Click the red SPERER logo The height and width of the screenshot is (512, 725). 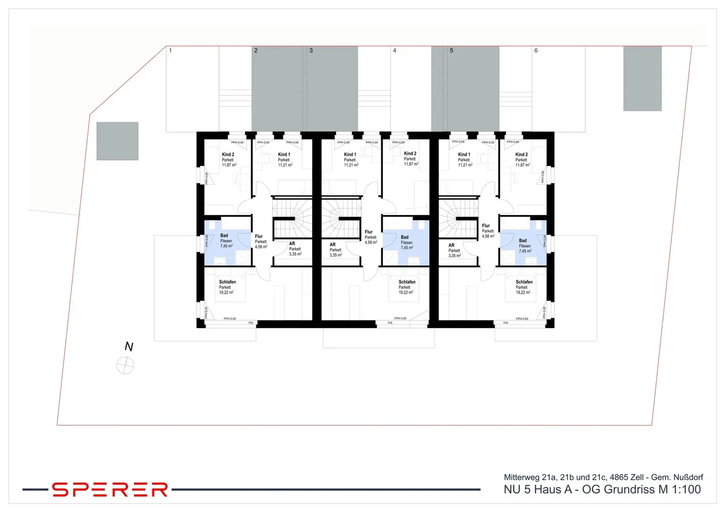point(110,489)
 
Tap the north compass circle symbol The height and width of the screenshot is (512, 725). point(125,365)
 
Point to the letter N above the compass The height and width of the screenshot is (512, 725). point(128,347)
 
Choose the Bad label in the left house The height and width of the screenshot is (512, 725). point(224,236)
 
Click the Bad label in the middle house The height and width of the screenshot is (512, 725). point(405,237)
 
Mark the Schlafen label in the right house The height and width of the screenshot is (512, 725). point(524,282)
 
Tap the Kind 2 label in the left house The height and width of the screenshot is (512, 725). point(228,155)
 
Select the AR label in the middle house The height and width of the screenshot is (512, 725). point(333,245)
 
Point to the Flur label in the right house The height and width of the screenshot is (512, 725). point(486,226)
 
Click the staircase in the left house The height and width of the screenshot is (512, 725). point(292,217)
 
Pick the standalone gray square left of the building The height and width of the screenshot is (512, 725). point(118,141)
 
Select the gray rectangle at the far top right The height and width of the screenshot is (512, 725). point(642,78)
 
